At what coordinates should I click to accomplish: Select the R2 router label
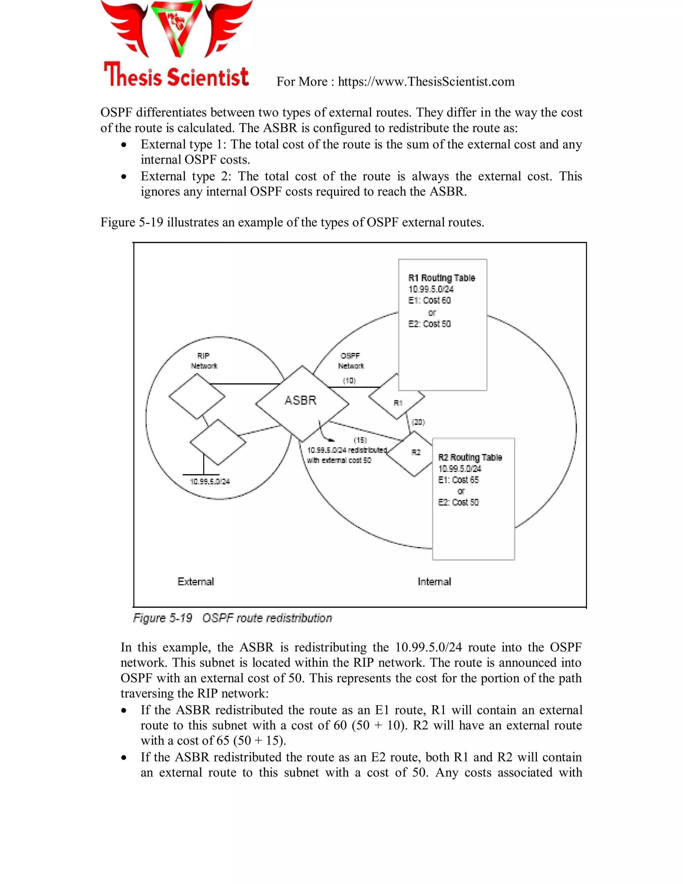[416, 452]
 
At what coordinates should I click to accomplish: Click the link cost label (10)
[349, 381]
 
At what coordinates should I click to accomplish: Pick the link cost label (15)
[360, 440]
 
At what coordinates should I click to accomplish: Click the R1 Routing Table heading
[442, 278]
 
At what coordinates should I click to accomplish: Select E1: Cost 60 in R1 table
[429, 300]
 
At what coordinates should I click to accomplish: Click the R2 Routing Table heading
[470, 457]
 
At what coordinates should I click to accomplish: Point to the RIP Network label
[204, 361]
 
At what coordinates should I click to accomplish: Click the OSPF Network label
[351, 361]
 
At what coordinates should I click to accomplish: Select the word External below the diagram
[195, 582]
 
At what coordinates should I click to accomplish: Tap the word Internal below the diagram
[434, 582]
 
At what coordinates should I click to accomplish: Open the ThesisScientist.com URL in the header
[426, 82]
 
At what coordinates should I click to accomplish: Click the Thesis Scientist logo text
[176, 76]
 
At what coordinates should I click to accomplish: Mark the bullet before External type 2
[124, 176]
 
